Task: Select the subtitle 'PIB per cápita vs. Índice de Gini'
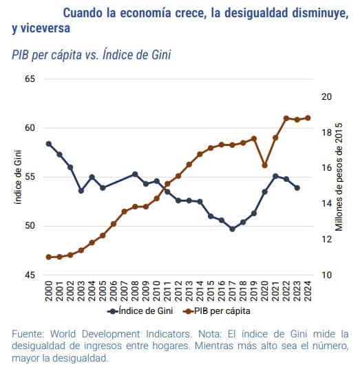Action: pyautogui.click(x=91, y=54)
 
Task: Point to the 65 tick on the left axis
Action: pyautogui.click(x=30, y=79)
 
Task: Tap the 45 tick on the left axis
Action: pyautogui.click(x=30, y=275)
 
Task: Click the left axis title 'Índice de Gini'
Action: pyautogui.click(x=17, y=177)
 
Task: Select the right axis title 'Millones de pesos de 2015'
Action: pyautogui.click(x=339, y=177)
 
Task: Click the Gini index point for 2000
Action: pyautogui.click(x=49, y=143)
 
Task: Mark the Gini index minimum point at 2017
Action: pyautogui.click(x=232, y=229)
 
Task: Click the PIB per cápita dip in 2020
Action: pyautogui.click(x=264, y=165)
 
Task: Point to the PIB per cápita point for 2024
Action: pyautogui.click(x=308, y=118)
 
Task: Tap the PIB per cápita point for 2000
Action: pyautogui.click(x=49, y=257)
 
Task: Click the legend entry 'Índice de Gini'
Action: pyautogui.click(x=149, y=311)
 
